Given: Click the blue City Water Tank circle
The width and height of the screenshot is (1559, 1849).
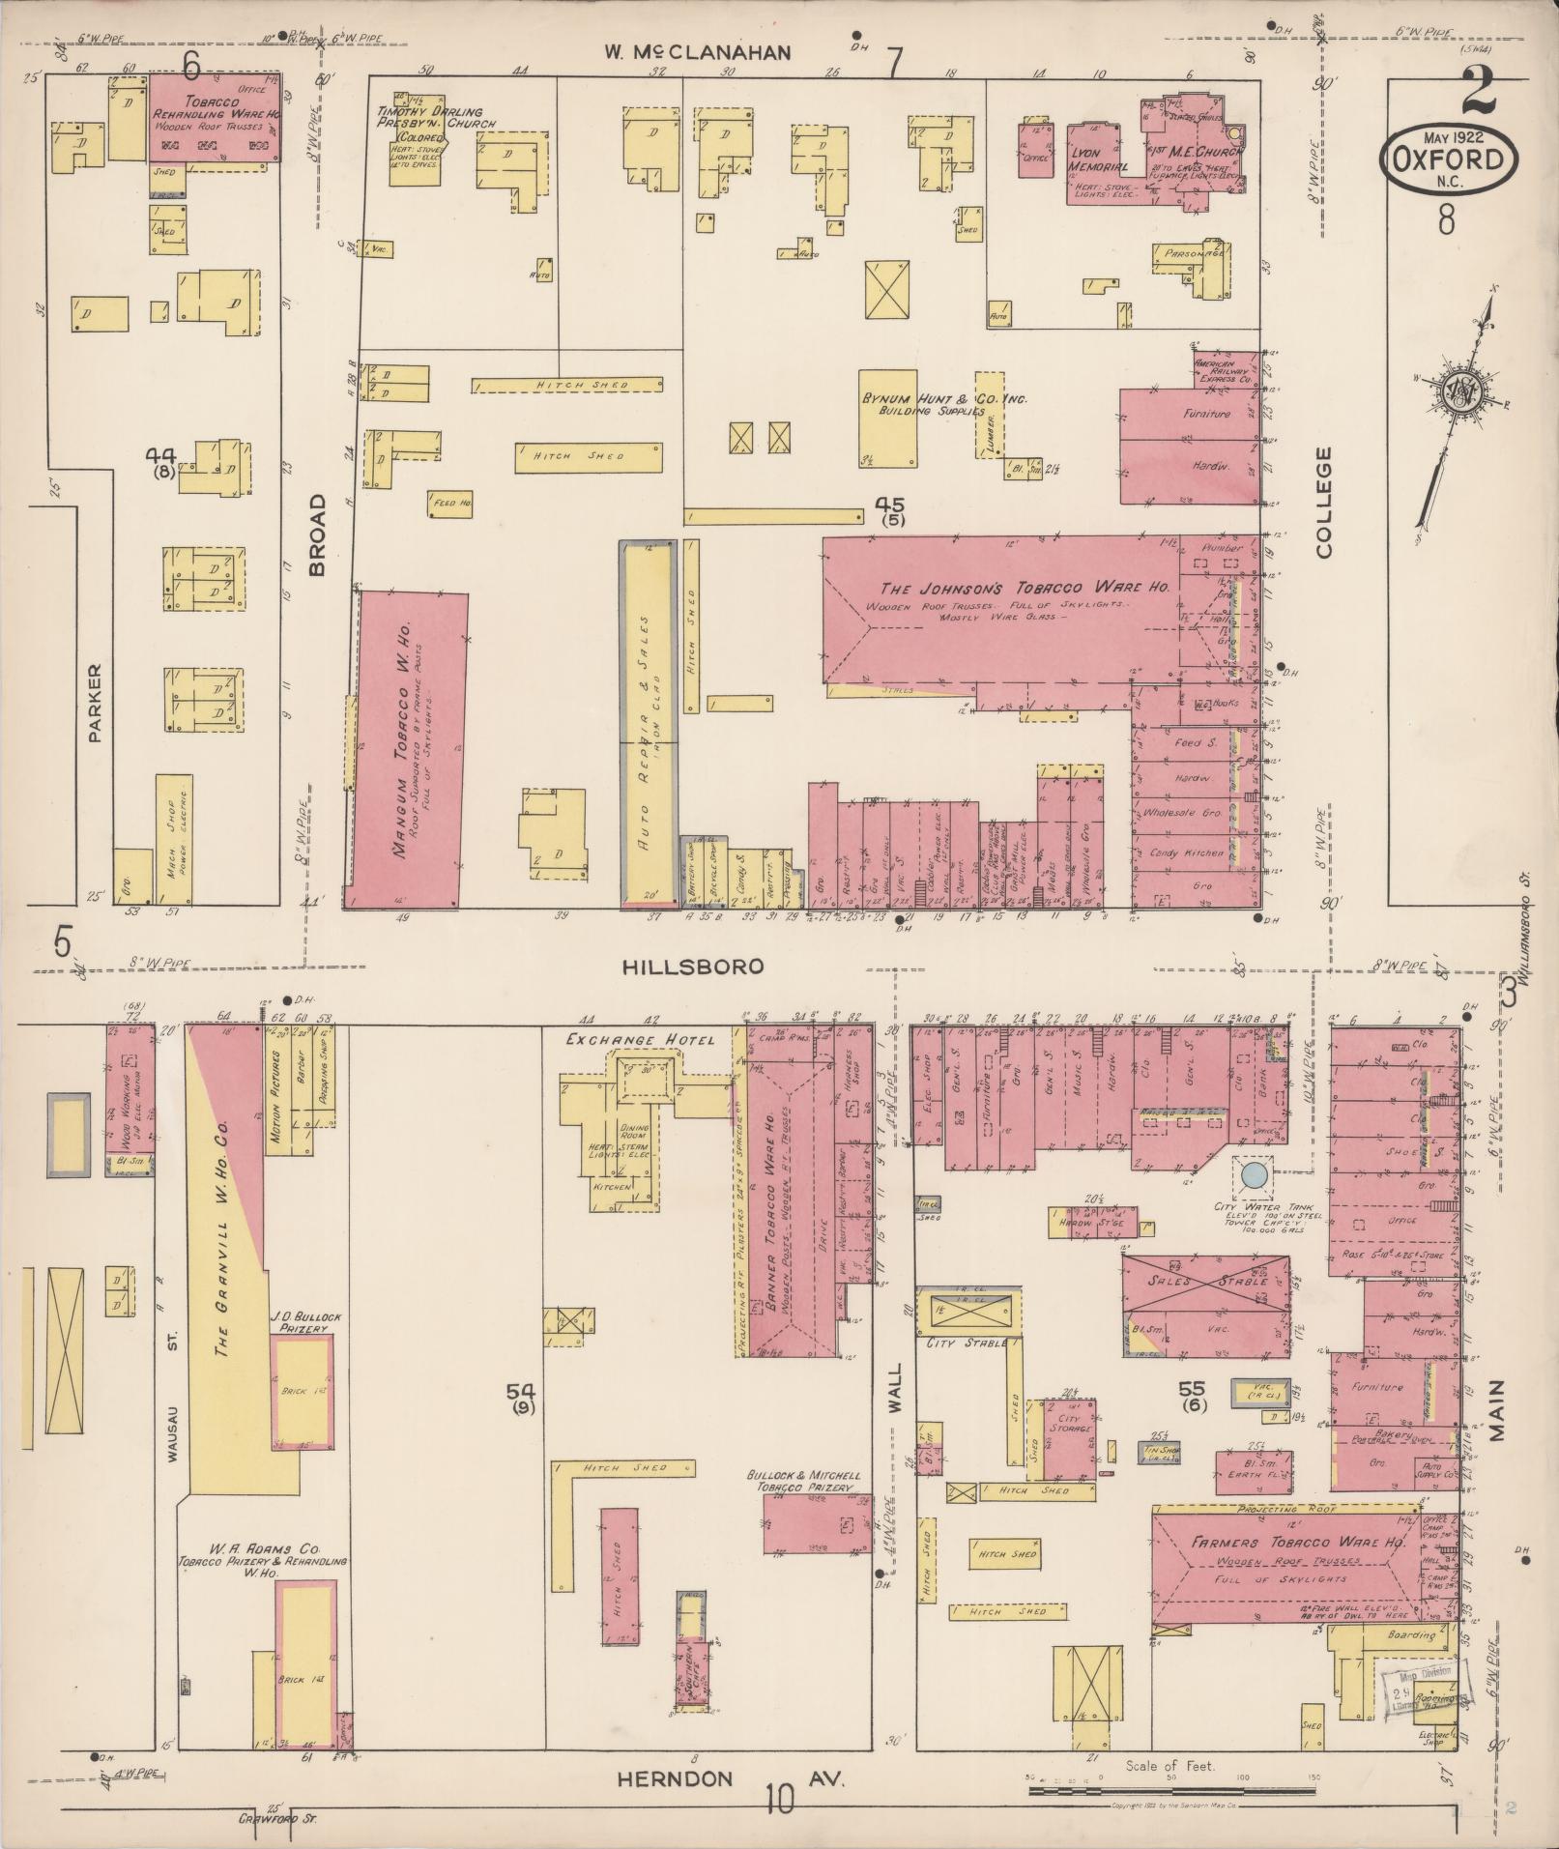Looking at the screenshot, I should [1254, 1175].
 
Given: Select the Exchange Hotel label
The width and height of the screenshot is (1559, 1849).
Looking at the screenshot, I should [640, 1040].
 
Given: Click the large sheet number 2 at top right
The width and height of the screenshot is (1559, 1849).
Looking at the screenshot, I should [1479, 92].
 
